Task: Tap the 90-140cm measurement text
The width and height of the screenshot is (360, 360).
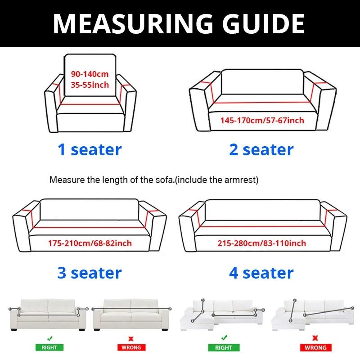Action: click(x=90, y=74)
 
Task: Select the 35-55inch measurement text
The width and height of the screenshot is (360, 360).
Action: click(x=90, y=84)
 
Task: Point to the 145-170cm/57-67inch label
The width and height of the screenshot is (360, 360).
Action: click(x=262, y=120)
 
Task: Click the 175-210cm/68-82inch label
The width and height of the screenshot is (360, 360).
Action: click(x=90, y=243)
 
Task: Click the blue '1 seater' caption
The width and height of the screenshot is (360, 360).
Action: click(x=90, y=149)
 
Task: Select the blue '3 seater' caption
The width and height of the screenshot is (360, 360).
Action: click(x=90, y=273)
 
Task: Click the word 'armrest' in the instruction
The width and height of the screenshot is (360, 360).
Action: click(x=242, y=180)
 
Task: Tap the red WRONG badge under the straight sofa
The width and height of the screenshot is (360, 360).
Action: click(x=131, y=347)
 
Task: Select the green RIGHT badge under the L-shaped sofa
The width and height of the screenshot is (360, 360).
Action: click(x=221, y=347)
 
